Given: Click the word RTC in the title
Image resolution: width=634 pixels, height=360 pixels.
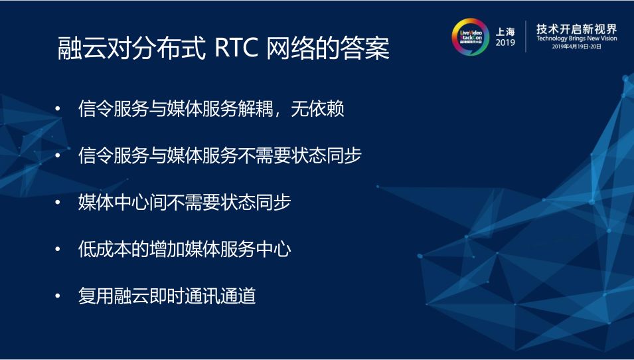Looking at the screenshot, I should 236,50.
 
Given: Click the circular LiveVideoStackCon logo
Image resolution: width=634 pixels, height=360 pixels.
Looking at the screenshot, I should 470,37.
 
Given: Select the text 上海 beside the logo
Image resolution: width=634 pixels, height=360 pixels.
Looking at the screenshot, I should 505,31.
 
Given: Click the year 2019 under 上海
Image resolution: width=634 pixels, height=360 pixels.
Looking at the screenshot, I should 505,43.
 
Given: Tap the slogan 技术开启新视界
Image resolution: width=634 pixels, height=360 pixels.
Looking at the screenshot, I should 576,29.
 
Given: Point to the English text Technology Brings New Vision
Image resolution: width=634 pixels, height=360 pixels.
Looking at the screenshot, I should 576,39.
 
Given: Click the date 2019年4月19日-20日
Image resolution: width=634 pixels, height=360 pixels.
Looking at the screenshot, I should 576,48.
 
